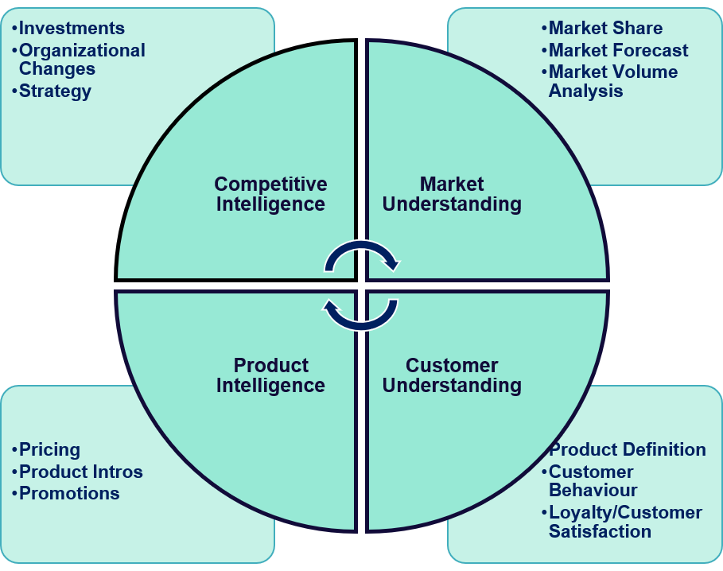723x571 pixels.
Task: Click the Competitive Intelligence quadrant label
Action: click(x=270, y=194)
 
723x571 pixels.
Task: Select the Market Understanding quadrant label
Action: click(x=452, y=194)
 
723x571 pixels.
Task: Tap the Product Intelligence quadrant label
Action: click(x=270, y=375)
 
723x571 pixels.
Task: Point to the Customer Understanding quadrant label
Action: click(x=452, y=375)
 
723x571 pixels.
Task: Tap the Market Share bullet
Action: click(x=605, y=29)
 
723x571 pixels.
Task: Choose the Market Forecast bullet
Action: click(x=618, y=50)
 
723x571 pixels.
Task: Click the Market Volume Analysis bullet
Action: click(x=612, y=81)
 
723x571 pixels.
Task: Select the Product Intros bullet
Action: click(x=80, y=472)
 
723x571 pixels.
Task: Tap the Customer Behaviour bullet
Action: click(x=593, y=481)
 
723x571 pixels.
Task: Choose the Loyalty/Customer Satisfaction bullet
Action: click(x=625, y=522)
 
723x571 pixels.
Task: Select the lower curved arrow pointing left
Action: click(x=361, y=315)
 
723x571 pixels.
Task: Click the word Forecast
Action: click(x=649, y=50)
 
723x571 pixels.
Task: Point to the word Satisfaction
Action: click(x=600, y=531)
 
